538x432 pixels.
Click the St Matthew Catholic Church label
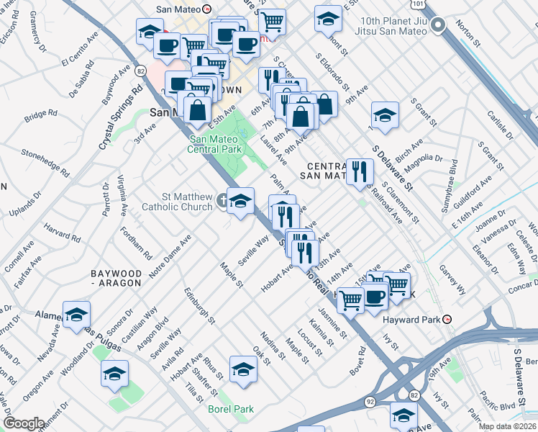tap(187, 202)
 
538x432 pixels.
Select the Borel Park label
tap(231, 409)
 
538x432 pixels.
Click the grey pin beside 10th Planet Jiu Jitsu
tap(440, 23)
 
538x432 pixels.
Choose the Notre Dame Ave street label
tap(170, 258)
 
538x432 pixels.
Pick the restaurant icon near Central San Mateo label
tap(358, 171)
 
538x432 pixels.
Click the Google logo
tap(23, 423)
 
